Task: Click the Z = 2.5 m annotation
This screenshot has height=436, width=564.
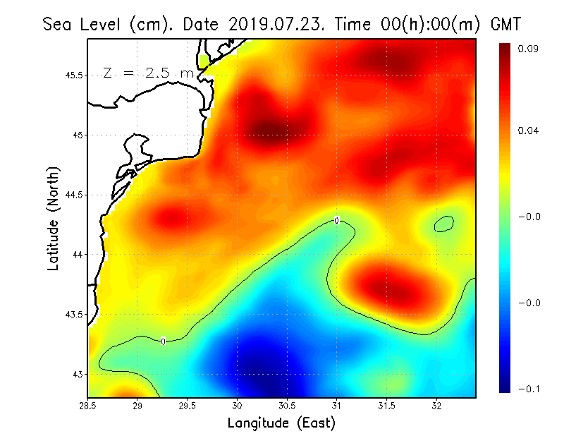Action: coord(148,73)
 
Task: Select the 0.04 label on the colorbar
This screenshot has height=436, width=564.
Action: coord(529,131)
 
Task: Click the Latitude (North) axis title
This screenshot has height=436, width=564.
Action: coord(53,218)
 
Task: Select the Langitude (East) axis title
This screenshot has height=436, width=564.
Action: coord(281,423)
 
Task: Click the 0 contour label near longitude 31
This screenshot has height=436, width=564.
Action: coord(336,221)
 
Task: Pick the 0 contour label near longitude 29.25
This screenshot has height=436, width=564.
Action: coord(163,341)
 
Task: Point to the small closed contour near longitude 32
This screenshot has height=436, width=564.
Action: coord(443,224)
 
